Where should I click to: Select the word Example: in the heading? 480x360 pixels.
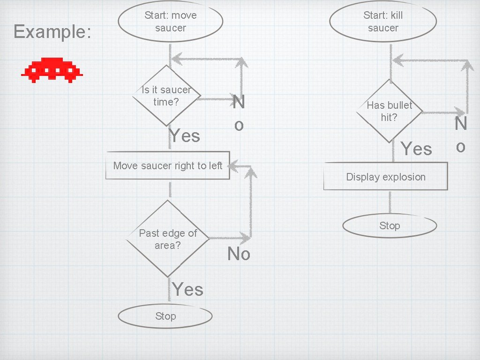(52, 32)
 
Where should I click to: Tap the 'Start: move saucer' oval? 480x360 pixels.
(170, 22)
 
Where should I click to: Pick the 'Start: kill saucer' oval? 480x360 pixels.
(383, 22)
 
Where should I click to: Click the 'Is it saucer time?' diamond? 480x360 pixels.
(166, 96)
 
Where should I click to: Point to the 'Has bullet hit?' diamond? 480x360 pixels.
(389, 111)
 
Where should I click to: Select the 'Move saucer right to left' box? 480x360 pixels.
(168, 165)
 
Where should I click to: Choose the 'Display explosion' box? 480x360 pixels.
(385, 176)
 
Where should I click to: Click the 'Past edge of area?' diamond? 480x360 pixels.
(168, 239)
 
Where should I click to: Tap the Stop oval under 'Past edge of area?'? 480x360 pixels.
(165, 316)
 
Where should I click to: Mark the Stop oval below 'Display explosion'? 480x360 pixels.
(390, 225)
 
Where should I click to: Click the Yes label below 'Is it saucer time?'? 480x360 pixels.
(185, 136)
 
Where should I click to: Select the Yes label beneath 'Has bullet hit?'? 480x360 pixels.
(416, 149)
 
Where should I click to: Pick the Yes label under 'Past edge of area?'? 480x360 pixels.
(187, 289)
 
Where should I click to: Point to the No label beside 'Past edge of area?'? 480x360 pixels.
(239, 254)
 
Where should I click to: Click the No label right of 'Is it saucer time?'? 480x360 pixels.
(239, 113)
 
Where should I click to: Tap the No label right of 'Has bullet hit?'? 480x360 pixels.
(461, 135)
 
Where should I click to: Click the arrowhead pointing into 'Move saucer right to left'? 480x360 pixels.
(234, 165)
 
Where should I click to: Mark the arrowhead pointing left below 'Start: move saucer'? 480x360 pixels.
(175, 59)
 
